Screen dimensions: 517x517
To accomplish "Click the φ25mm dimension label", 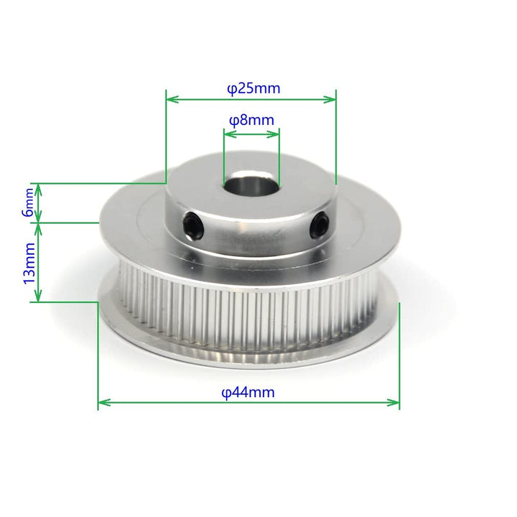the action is tap(253, 89).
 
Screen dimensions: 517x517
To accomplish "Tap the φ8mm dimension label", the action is tap(251, 121).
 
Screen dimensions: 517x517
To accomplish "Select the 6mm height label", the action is tap(28, 202).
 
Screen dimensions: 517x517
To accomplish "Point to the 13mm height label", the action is tap(29, 263).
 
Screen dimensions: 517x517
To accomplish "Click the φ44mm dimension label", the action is tap(248, 392).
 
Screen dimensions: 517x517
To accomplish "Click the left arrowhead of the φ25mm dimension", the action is tap(172, 99).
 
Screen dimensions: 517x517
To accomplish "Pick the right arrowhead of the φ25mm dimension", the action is tap(330, 99).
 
